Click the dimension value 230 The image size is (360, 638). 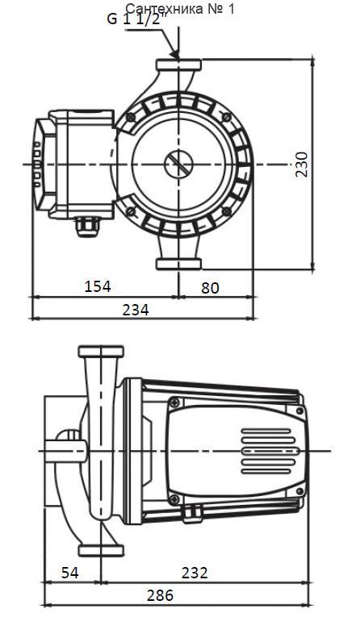[x=302, y=164]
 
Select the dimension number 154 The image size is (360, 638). [x=98, y=286]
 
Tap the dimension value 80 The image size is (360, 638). [x=210, y=288]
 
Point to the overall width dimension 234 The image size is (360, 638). [x=136, y=310]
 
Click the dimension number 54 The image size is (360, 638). [x=69, y=573]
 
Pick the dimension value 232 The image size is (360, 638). [x=195, y=573]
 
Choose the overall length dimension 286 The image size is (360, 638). [x=160, y=595]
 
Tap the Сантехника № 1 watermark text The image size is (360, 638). [x=181, y=9]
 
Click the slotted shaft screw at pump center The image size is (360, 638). [x=178, y=164]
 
